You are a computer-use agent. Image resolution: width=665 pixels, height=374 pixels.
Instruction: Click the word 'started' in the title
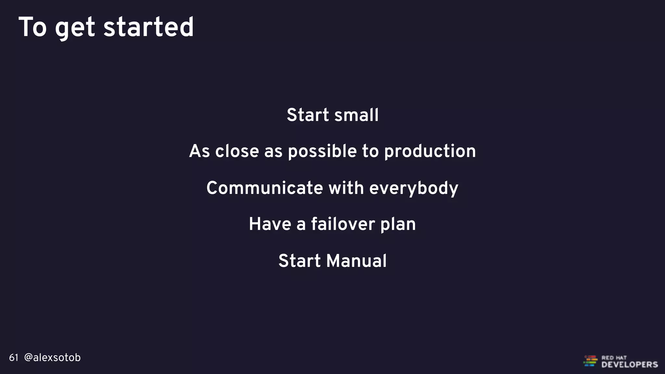pos(148,27)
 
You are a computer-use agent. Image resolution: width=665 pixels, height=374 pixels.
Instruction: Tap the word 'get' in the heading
pos(75,29)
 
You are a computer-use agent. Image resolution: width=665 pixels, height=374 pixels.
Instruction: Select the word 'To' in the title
pos(33,27)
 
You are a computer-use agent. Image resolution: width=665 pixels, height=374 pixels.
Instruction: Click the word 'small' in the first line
pos(356,115)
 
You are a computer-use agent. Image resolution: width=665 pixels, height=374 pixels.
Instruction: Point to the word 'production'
pos(430,152)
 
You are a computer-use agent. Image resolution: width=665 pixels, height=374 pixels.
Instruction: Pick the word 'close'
pos(237,151)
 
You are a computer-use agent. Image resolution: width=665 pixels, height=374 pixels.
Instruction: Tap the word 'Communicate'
pos(265,188)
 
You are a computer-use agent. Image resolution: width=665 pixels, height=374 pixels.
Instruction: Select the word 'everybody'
pos(414,189)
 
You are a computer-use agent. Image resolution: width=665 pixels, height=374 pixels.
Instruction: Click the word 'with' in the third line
pos(346,188)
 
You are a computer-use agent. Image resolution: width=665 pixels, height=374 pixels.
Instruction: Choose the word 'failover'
pos(343,224)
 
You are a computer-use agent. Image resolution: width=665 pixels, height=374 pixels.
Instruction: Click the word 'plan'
pos(398,225)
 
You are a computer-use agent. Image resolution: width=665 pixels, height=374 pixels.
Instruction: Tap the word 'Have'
pos(270,224)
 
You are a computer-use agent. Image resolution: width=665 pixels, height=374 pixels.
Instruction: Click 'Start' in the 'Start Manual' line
pos(299,261)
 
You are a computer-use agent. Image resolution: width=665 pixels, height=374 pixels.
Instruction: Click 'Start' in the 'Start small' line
pos(308,115)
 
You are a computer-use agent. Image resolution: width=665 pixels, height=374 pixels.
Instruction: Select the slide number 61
pos(14,358)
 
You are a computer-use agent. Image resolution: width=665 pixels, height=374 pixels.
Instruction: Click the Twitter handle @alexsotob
pos(52,357)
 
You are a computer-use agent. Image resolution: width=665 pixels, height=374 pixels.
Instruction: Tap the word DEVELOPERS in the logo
pos(629,365)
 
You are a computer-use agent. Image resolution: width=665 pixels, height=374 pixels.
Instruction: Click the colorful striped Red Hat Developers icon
pos(590,361)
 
